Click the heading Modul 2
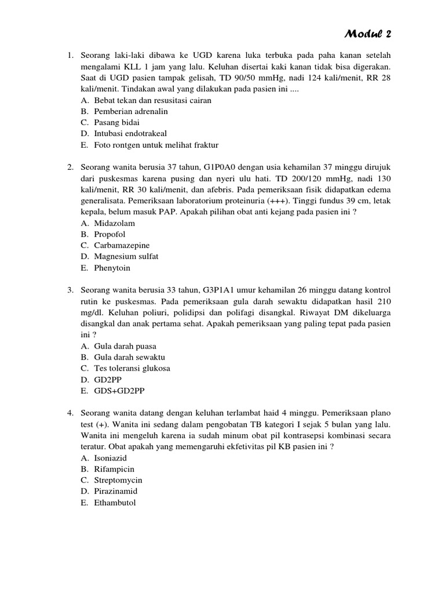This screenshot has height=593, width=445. click(368, 34)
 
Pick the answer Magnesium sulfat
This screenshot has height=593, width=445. click(126, 257)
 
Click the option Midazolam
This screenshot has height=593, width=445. click(115, 223)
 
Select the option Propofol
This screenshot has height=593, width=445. click(110, 235)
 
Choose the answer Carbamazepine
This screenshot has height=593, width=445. click(122, 246)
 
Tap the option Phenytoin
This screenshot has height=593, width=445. click(112, 268)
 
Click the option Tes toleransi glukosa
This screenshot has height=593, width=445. click(132, 368)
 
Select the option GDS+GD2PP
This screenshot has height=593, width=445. click(118, 391)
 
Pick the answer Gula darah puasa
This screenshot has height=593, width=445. click(125, 346)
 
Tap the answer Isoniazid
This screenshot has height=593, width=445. click(112, 457)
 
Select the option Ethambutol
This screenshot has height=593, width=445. click(115, 503)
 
